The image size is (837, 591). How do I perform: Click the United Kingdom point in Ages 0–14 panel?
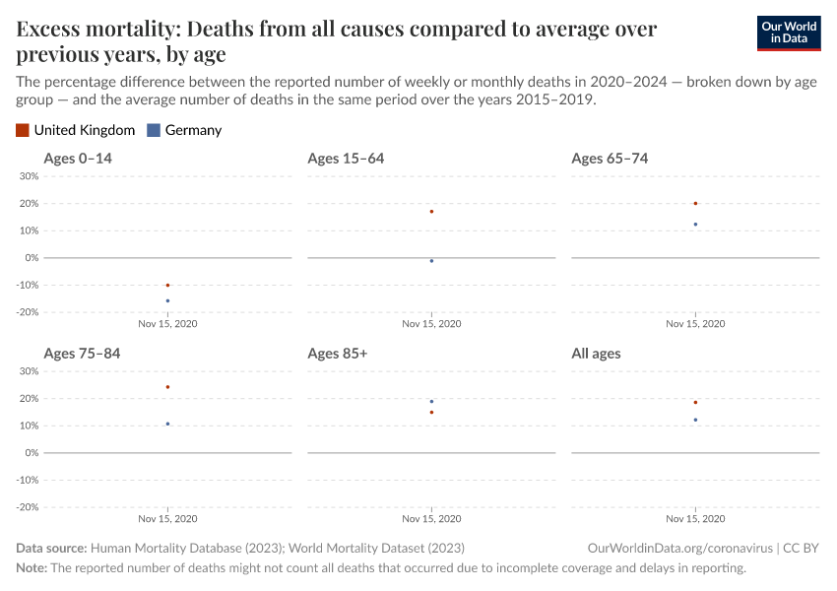167,285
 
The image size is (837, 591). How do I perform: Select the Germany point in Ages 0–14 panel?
167,300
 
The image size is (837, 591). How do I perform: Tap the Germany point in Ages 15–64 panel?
431,261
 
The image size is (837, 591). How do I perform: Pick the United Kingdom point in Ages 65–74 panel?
695,204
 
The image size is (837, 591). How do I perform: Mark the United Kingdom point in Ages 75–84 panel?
167,387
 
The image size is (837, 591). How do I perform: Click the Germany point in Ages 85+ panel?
431,401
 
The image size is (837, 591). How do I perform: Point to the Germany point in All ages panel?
695,420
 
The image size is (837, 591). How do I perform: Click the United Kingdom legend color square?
23,130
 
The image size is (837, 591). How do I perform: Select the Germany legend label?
193,130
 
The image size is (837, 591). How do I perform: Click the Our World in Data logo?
788,33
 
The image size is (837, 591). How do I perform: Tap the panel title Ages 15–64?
346,159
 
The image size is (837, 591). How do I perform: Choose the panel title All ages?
596,353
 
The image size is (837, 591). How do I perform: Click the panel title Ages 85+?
337,353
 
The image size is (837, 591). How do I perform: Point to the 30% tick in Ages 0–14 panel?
29,176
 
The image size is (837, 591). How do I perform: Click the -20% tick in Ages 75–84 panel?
27,507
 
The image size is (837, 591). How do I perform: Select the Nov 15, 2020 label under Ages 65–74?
695,323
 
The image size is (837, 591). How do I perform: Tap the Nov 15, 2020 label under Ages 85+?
431,518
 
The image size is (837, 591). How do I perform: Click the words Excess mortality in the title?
85,30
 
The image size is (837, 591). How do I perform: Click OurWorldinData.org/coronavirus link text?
677,548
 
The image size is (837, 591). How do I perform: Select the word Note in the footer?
31,568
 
